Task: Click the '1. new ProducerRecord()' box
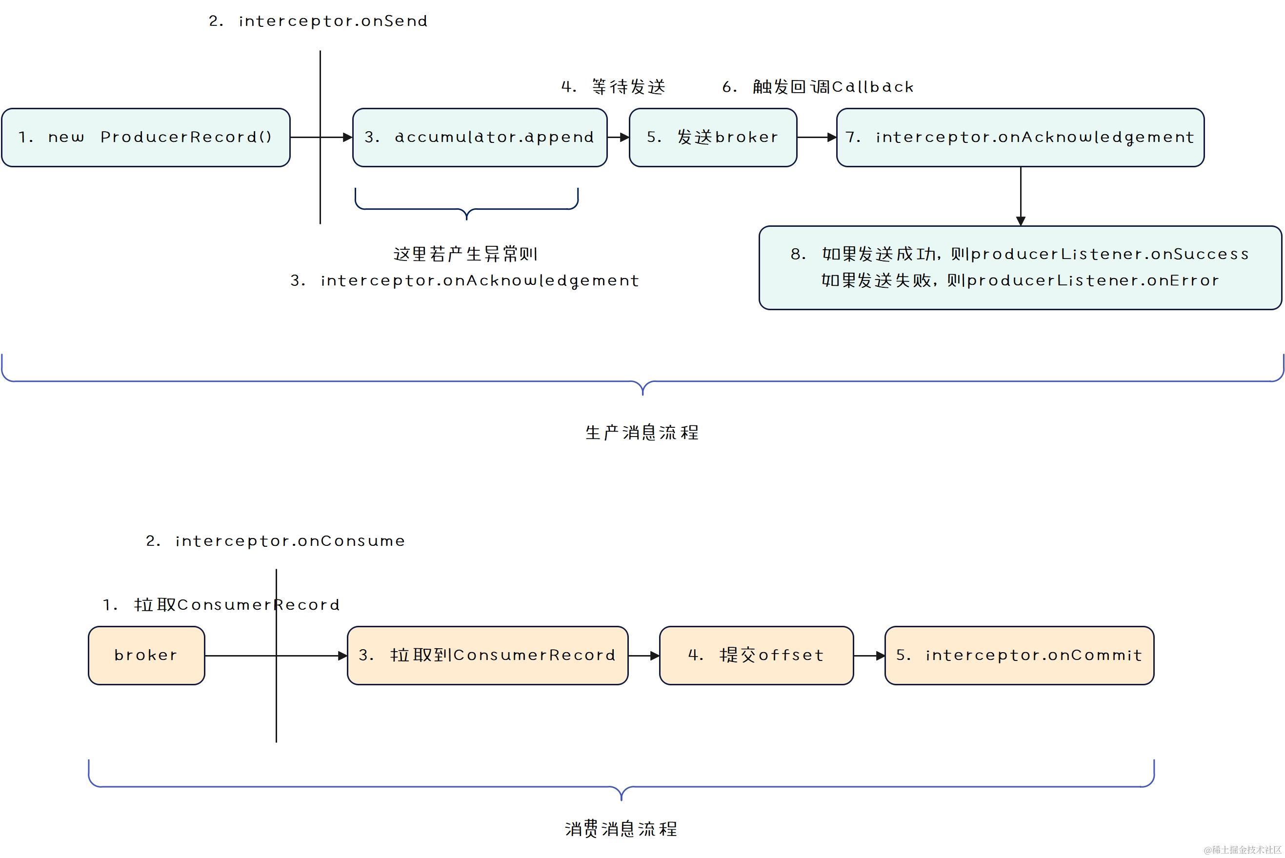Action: click(x=145, y=138)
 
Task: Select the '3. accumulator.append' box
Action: click(x=480, y=138)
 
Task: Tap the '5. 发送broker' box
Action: click(x=713, y=138)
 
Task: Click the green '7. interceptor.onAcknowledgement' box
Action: click(x=1020, y=138)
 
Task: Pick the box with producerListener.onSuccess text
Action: click(x=1020, y=268)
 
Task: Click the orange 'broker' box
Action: click(x=146, y=655)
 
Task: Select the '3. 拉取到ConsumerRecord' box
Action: click(x=487, y=655)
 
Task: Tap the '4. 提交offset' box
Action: click(x=756, y=655)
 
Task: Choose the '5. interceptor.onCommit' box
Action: click(x=1019, y=655)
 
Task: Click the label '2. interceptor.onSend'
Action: click(x=318, y=21)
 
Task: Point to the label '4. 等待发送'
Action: click(x=613, y=87)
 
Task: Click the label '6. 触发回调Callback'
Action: click(x=818, y=87)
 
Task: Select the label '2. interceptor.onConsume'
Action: click(x=275, y=541)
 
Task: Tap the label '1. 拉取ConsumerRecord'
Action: click(x=221, y=605)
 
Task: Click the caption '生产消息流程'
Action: click(x=642, y=433)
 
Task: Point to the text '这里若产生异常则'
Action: click(x=465, y=254)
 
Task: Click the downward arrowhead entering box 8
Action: click(x=1020, y=220)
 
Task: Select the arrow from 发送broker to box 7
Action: click(x=816, y=138)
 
